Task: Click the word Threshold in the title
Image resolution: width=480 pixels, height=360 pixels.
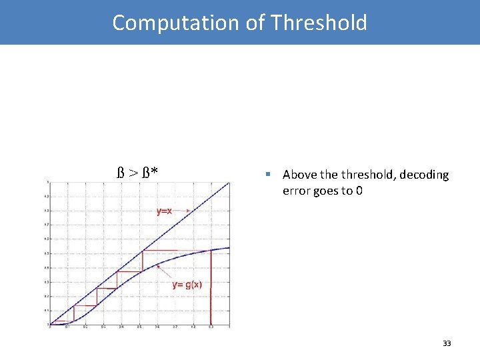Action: tap(319, 23)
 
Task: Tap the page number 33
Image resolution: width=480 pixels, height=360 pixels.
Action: tap(447, 343)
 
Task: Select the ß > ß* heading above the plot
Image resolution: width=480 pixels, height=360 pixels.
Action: tap(138, 174)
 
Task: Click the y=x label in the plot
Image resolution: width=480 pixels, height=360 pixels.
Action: tap(164, 211)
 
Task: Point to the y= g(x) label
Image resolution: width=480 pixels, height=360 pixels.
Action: tap(187, 285)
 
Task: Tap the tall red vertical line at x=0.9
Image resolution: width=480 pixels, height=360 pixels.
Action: tap(210, 287)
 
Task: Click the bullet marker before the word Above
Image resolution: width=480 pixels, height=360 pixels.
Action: tap(267, 175)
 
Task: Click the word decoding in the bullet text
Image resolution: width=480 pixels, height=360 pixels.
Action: tap(424, 175)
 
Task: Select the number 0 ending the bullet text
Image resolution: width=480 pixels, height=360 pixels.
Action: tap(359, 192)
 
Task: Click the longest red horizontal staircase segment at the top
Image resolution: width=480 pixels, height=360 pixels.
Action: tap(177, 250)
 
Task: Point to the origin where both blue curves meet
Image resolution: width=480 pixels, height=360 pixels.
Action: tap(50, 325)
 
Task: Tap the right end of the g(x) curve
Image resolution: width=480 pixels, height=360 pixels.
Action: tap(228, 248)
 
